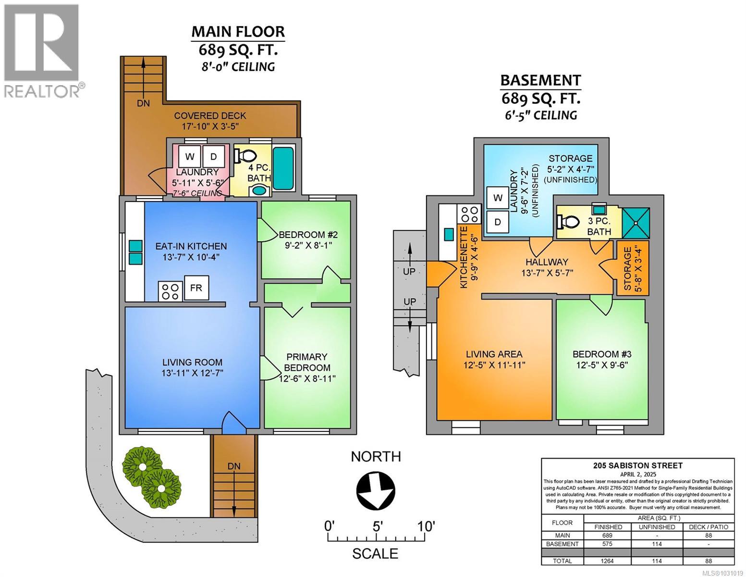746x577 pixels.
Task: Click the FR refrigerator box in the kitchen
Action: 196,288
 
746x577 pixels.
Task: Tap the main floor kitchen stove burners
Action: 170,291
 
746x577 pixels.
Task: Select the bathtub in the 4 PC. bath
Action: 283,164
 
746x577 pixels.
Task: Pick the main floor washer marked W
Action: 190,156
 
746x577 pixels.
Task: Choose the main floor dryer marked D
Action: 213,156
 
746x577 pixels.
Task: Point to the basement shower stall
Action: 636,223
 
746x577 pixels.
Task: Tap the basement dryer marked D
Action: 498,222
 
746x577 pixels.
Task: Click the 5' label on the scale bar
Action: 378,526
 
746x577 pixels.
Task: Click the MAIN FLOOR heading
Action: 238,32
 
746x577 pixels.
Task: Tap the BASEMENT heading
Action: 540,80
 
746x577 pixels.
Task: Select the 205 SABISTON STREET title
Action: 637,465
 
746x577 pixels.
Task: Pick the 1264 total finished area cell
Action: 608,561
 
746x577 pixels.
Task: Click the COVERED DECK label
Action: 210,115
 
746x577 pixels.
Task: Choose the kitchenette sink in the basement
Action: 448,234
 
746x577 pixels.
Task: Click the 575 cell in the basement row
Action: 608,544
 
